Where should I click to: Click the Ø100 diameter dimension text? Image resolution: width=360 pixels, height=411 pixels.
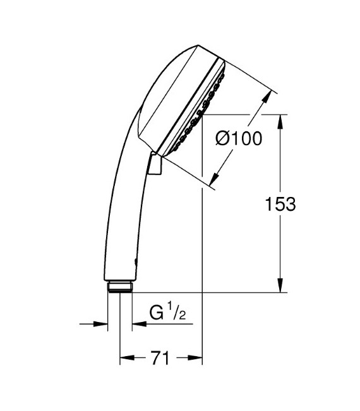(238, 139)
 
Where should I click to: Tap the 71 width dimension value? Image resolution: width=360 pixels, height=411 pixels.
(161, 359)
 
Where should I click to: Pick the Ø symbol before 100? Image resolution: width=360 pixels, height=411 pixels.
(224, 139)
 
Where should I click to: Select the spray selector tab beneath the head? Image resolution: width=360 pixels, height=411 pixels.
(154, 165)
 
